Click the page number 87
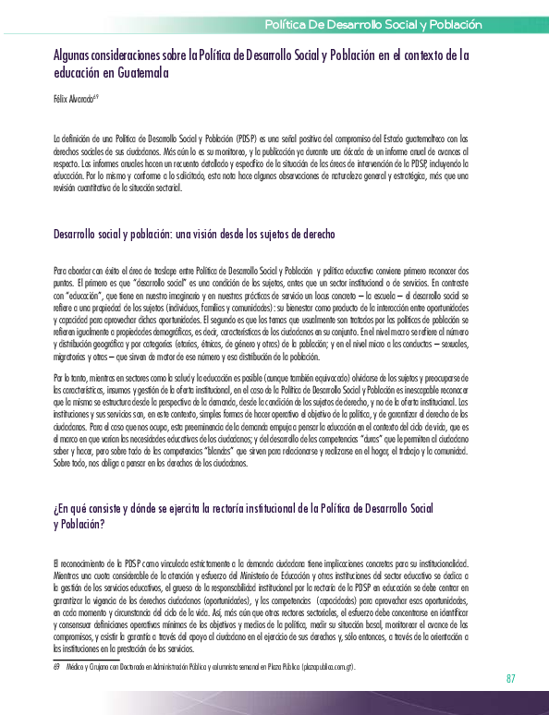pyautogui.click(x=510, y=679)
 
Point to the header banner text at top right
pyautogui.click(x=373, y=22)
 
